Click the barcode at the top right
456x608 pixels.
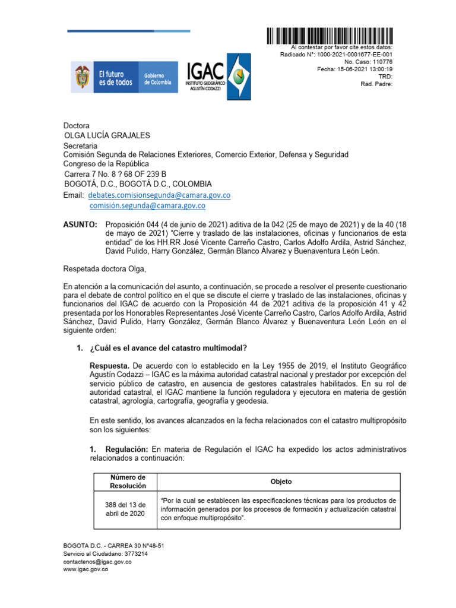tap(330, 36)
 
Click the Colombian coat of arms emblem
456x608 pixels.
tap(82, 78)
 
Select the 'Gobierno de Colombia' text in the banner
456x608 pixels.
tap(157, 78)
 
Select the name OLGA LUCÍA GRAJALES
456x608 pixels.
tap(107, 135)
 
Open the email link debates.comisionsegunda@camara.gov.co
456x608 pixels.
tap(159, 195)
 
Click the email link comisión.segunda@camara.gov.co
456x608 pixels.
tap(147, 205)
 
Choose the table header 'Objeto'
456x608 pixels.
tap(281, 482)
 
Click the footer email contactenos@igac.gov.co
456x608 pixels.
tap(97, 561)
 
